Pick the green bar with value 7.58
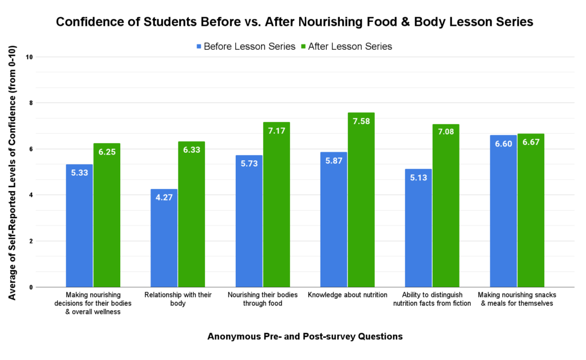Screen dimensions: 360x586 [361, 200]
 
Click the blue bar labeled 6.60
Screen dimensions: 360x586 [503, 211]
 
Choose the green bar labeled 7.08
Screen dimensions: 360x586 [446, 205]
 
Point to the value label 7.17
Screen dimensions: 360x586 [276, 130]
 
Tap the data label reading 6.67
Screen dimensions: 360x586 [530, 143]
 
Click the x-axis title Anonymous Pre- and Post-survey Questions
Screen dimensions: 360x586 [304, 337]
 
